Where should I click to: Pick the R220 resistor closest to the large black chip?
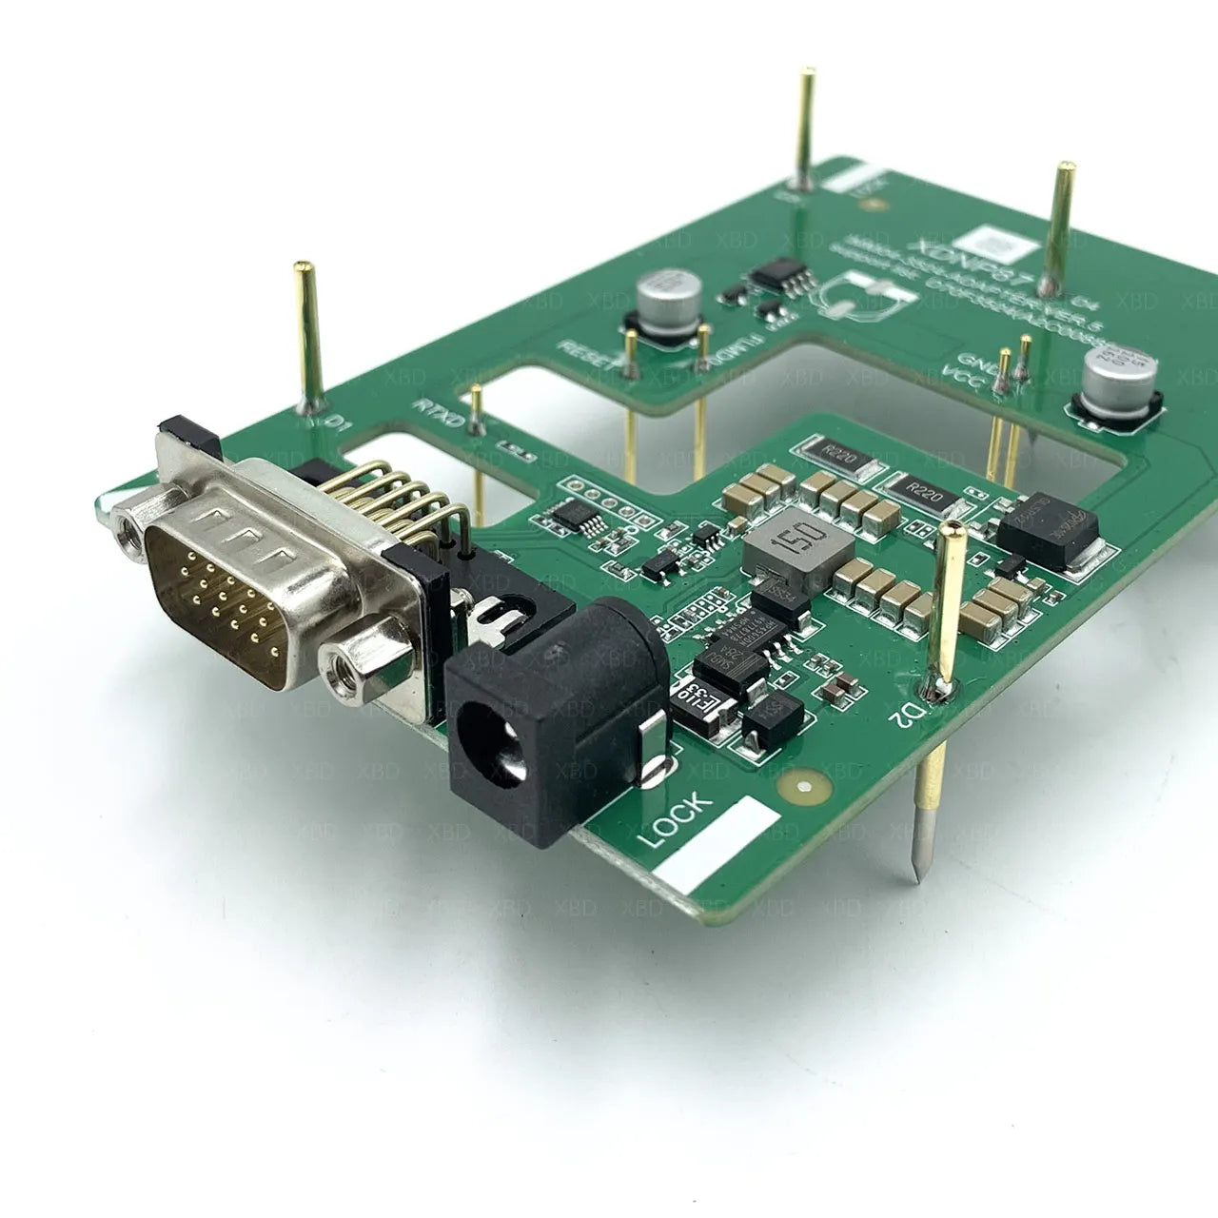tap(921, 491)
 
